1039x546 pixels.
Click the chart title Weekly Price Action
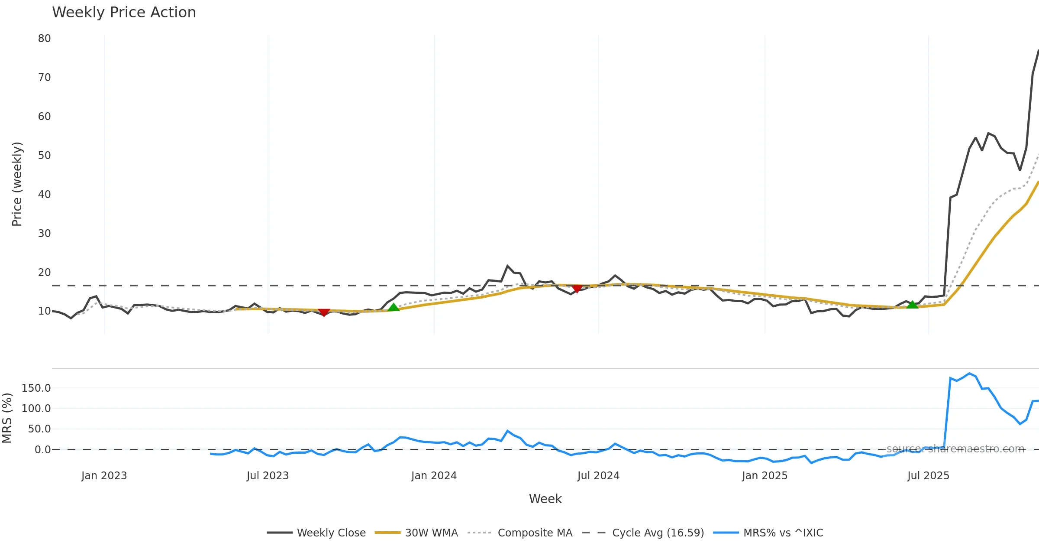click(124, 13)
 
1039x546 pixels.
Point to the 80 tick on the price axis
click(44, 39)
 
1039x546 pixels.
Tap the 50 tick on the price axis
click(44, 156)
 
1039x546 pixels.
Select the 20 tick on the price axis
click(44, 273)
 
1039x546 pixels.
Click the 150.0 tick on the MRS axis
click(36, 388)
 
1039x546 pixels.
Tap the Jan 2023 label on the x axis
click(104, 476)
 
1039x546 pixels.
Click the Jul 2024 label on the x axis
click(598, 476)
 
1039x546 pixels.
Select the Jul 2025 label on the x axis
click(928, 476)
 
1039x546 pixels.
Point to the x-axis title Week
click(545, 499)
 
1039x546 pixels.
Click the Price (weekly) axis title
click(17, 184)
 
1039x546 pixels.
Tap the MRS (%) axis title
click(7, 418)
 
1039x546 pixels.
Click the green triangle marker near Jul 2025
click(912, 305)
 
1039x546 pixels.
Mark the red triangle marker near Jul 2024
click(577, 289)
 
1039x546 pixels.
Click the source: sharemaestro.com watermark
click(955, 449)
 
